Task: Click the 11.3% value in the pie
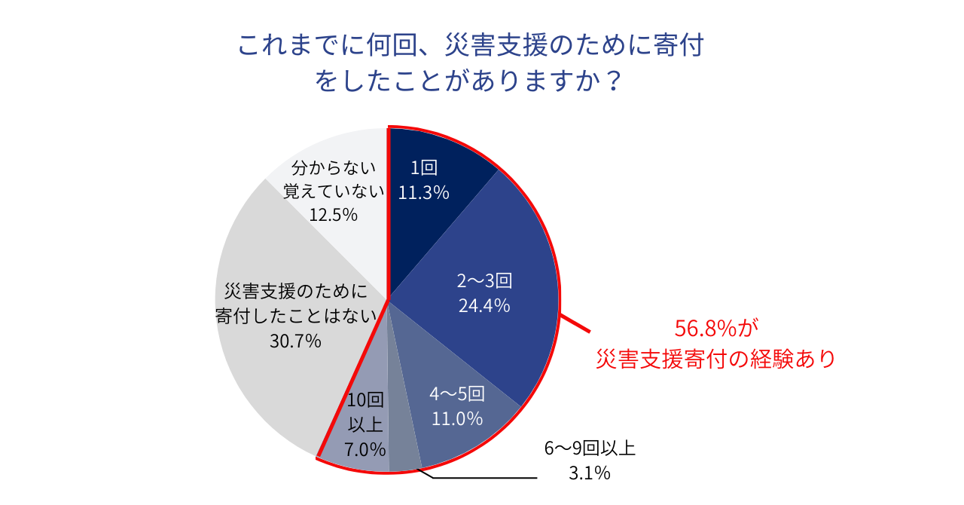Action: [423, 193]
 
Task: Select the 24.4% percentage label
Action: [484, 305]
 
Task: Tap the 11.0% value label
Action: [456, 418]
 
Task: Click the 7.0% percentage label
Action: [365, 449]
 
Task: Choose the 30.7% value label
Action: [295, 341]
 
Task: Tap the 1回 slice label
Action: [424, 168]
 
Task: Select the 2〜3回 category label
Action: [484, 281]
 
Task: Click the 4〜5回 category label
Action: [456, 394]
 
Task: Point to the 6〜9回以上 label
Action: [590, 449]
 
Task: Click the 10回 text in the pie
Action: [365, 400]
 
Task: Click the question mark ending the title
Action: [614, 80]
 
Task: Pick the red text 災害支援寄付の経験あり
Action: [715, 359]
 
